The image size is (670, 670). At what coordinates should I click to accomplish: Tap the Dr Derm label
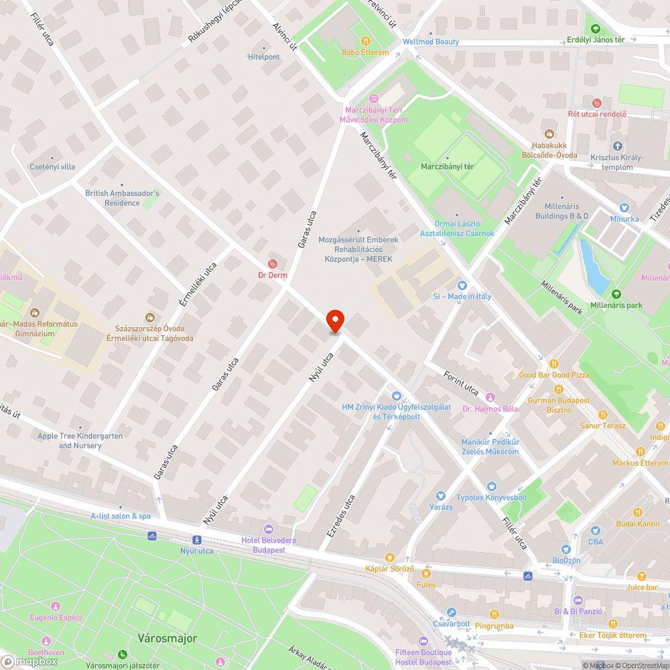(272, 275)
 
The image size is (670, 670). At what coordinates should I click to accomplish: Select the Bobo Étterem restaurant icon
(365, 41)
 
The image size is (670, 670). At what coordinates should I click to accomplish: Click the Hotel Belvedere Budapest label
(269, 545)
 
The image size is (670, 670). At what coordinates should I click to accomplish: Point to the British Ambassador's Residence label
(122, 198)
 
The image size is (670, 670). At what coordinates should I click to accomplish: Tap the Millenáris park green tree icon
(616, 293)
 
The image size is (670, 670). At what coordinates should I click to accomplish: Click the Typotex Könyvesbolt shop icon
(492, 486)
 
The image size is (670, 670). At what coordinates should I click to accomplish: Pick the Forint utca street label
(462, 382)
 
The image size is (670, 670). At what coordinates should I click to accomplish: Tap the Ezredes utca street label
(341, 515)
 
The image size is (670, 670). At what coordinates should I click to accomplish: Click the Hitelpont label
(264, 57)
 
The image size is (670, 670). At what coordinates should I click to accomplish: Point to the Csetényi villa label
(53, 166)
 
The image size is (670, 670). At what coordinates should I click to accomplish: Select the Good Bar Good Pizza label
(554, 375)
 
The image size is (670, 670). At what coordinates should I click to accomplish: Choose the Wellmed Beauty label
(431, 42)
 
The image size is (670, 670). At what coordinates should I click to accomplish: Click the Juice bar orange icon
(641, 576)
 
